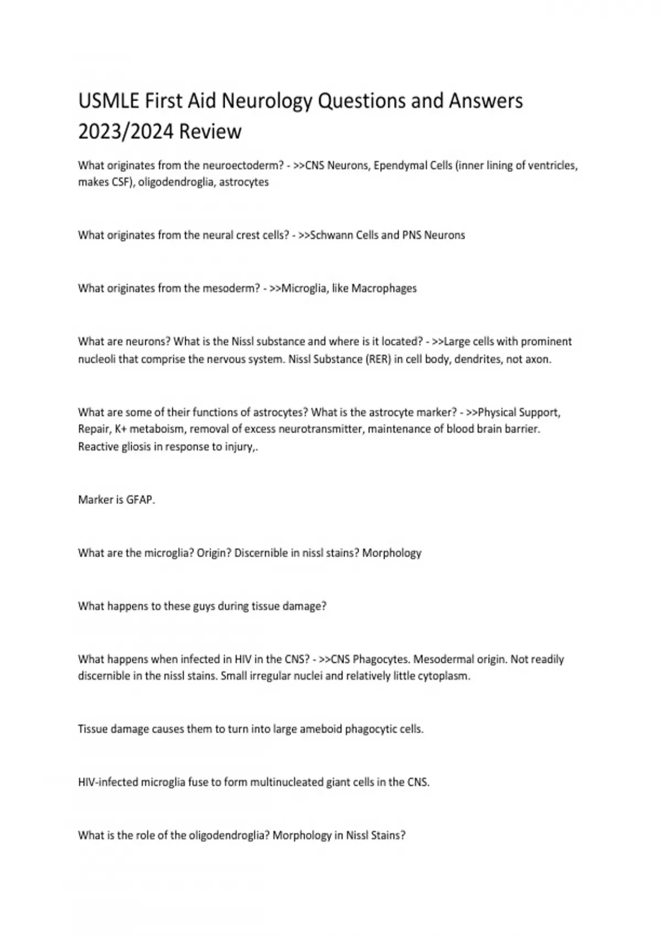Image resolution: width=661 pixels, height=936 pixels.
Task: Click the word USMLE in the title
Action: point(109,101)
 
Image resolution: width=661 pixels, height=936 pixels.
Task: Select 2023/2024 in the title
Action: point(126,132)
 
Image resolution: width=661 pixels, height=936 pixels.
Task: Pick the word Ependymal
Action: point(397,165)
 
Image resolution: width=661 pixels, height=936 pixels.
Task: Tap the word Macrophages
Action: point(384,289)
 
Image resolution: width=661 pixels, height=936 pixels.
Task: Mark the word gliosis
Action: point(131,447)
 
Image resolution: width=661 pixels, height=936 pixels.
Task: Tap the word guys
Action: point(204,606)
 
